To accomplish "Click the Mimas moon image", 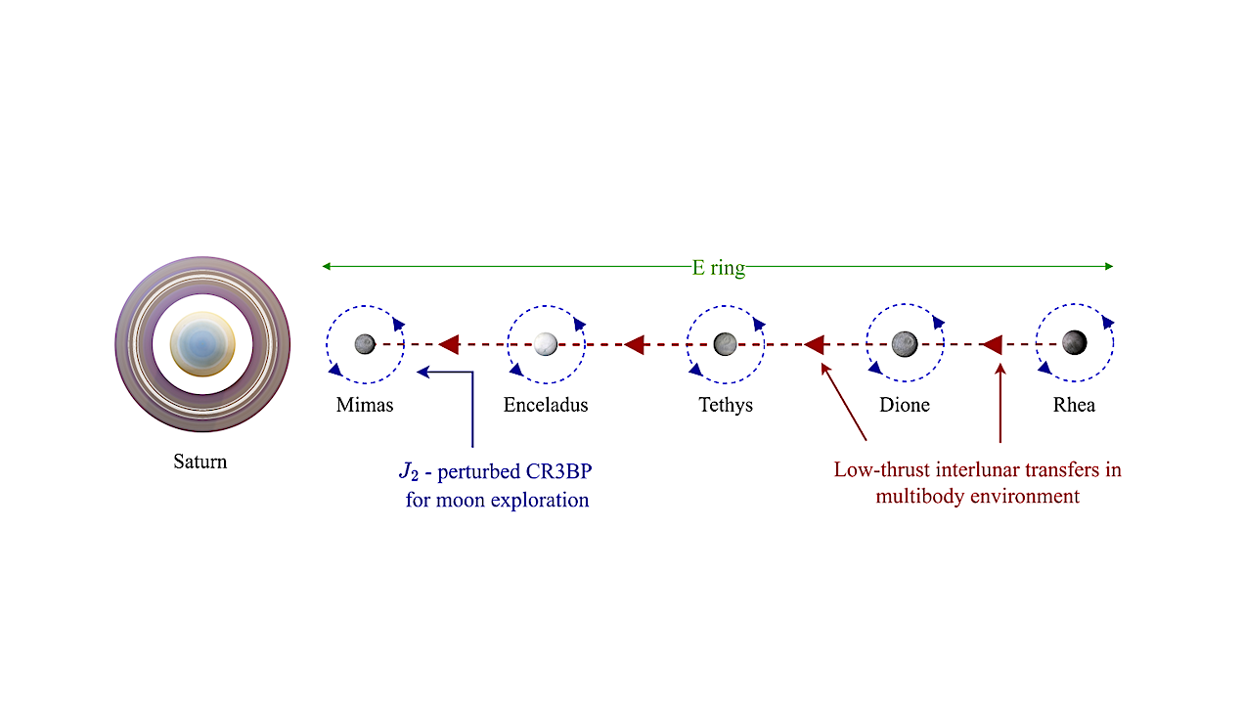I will pos(365,343).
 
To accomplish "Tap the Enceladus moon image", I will pos(545,343).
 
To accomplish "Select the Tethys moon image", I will pos(725,343).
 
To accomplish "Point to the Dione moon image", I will pos(905,343).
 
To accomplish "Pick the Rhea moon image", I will pos(1074,343).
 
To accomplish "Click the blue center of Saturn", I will pos(202,343).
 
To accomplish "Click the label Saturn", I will pos(200,462).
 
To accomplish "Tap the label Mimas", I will pos(365,404).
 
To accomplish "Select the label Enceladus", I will pos(546,404).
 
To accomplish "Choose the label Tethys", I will pos(726,404).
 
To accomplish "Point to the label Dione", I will pos(905,404).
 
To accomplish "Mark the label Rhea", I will pos(1074,404).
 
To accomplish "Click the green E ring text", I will pos(719,267).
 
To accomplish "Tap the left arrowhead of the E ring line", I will pos(327,266).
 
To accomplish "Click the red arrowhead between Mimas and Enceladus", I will pos(449,343).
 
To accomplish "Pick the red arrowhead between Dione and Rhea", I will pos(992,343).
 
